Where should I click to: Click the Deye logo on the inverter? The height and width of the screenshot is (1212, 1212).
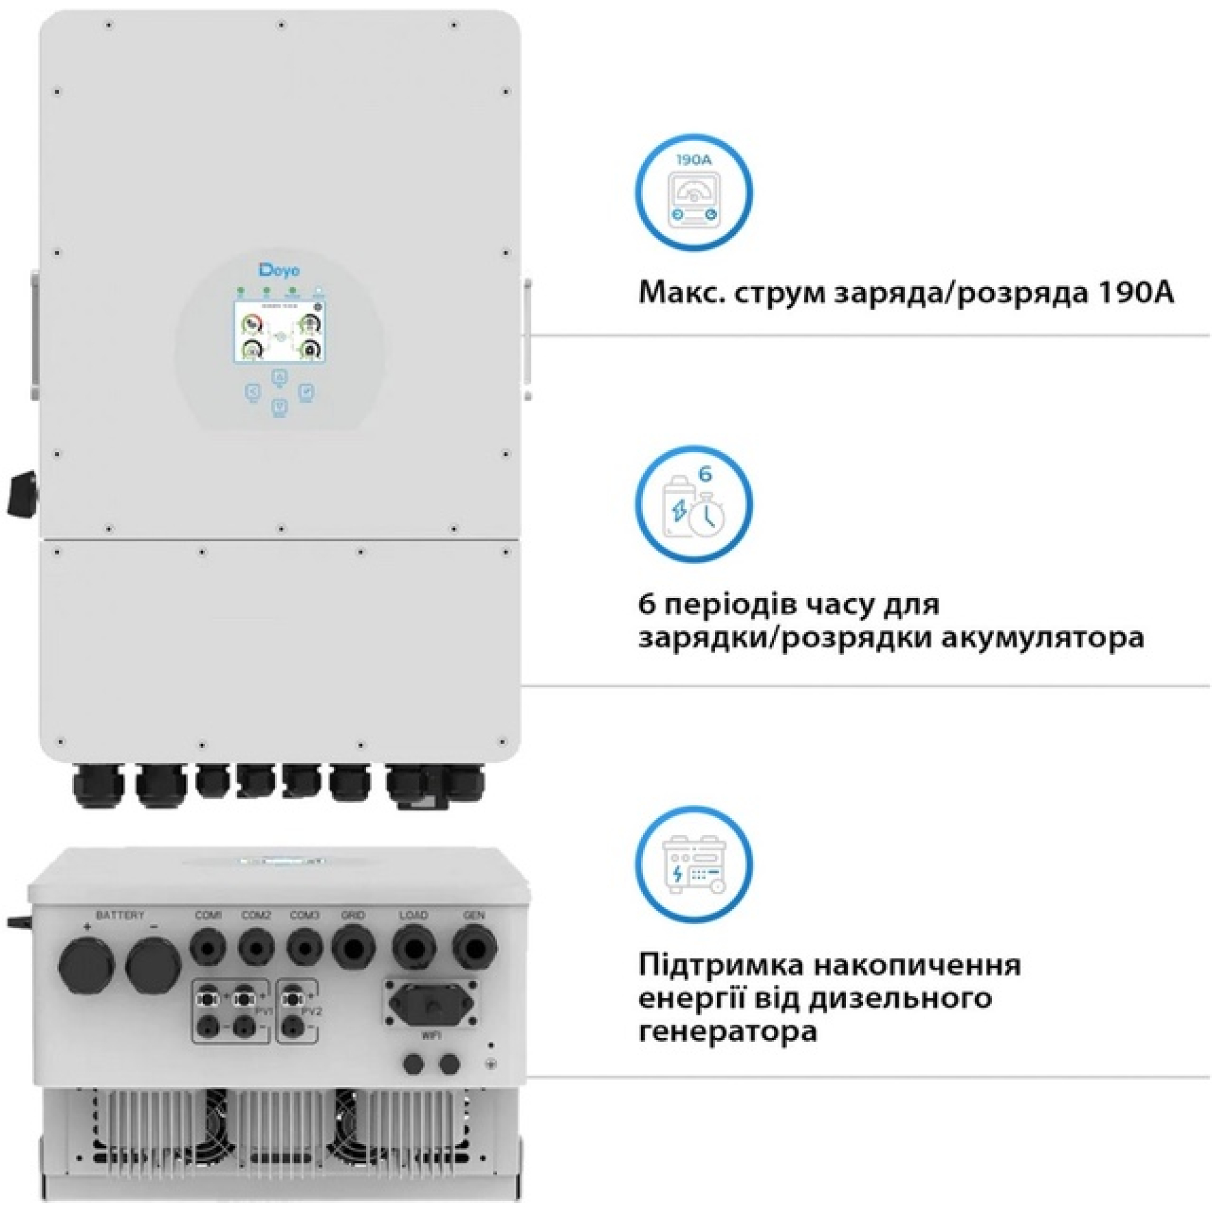click(x=280, y=270)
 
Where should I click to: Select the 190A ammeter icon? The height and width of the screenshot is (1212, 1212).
click(x=693, y=192)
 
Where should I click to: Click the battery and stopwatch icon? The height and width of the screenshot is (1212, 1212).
click(x=693, y=504)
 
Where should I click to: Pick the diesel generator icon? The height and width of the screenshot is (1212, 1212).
click(x=693, y=864)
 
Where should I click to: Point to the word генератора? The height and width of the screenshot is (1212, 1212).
click(x=728, y=1031)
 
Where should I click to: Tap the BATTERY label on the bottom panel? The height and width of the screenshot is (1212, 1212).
click(x=120, y=915)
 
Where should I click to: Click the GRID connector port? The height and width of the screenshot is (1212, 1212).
click(x=353, y=947)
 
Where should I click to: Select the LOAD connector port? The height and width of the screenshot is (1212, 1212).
click(x=414, y=947)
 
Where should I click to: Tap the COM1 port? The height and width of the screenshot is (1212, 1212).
click(x=208, y=948)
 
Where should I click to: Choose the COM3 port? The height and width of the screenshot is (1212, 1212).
click(x=305, y=948)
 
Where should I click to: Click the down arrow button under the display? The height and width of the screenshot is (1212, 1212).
click(x=280, y=407)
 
